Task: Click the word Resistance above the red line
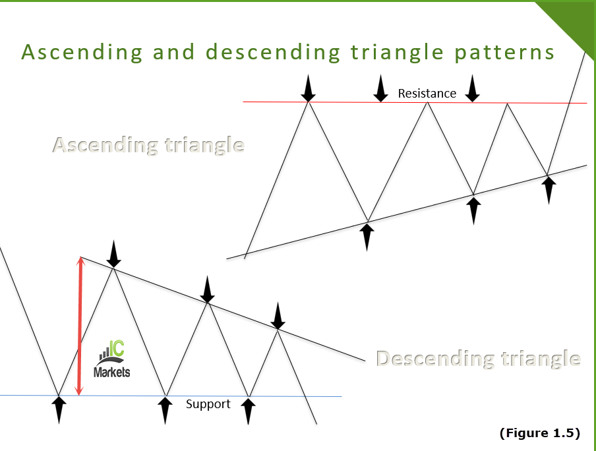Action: [427, 94]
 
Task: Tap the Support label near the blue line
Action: [208, 404]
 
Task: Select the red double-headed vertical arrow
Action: [80, 326]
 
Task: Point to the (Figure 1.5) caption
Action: [539, 433]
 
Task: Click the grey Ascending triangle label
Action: [148, 145]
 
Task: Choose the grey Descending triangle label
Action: [478, 359]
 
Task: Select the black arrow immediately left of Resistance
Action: [380, 88]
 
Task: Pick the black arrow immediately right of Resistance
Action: [472, 88]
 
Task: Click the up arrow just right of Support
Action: [248, 410]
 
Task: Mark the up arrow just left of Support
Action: [165, 410]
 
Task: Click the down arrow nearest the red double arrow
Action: [114, 254]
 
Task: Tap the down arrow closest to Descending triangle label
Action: [278, 316]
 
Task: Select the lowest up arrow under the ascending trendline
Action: [367, 236]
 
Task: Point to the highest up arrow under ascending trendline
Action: [548, 189]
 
